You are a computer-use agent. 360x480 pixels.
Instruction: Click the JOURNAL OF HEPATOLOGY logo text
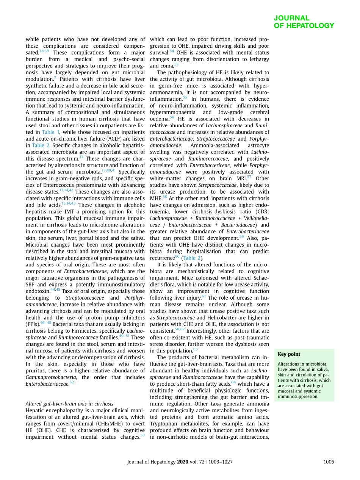pos(304,22)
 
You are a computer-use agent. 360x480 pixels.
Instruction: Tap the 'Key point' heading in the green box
pos(289,354)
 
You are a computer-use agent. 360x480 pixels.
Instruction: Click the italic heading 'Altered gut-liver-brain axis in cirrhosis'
pos(69,404)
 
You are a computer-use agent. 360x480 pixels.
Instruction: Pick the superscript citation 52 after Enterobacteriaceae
pos(72,383)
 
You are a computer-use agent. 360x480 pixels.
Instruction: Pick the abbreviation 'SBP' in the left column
pos(31,285)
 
